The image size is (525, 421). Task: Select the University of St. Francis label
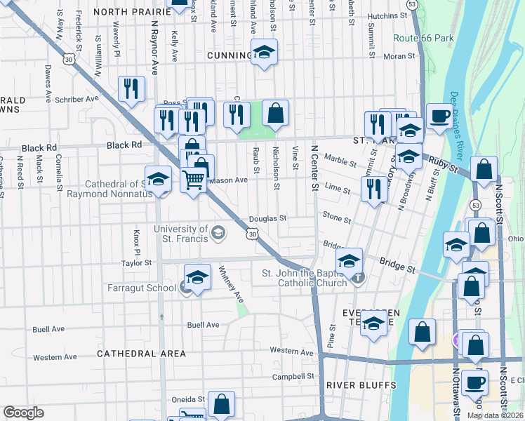(x=181, y=234)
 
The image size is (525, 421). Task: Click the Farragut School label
(x=142, y=288)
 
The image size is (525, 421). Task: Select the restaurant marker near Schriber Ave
(x=131, y=88)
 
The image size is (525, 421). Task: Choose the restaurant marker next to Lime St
(x=374, y=189)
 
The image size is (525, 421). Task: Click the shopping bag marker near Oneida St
(x=221, y=404)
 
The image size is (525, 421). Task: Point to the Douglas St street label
(x=267, y=218)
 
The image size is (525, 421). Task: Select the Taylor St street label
(x=136, y=263)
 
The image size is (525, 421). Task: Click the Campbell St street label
(x=293, y=377)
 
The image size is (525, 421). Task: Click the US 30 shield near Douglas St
(x=251, y=234)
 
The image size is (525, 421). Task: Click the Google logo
(x=24, y=413)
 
